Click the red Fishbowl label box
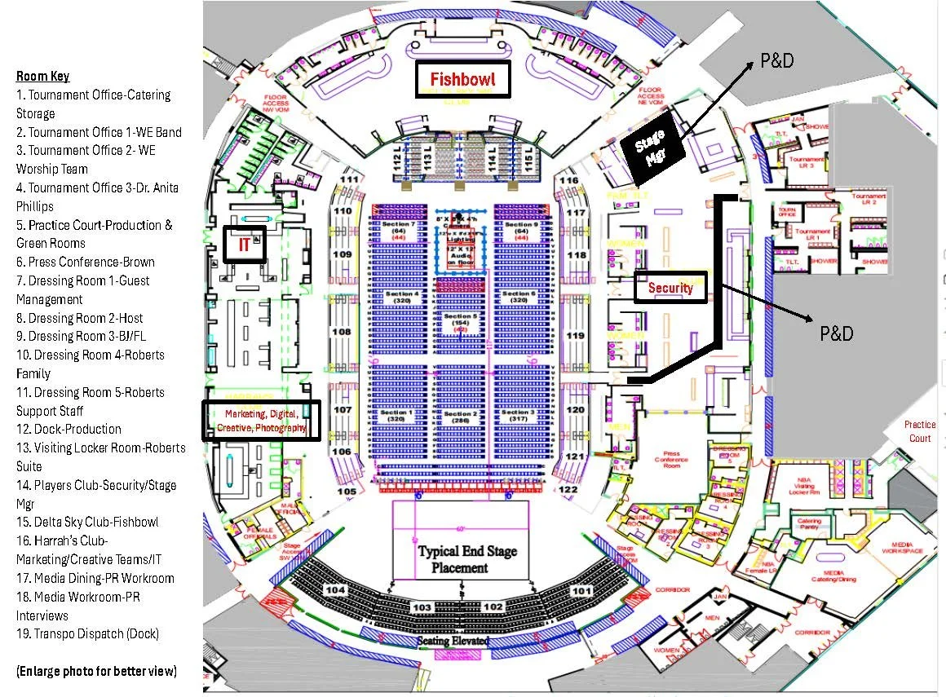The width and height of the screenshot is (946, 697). [x=462, y=80]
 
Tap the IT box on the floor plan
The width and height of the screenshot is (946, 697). [x=244, y=243]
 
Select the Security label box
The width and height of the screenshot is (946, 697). [x=670, y=287]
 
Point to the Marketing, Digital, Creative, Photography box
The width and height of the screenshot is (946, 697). [x=260, y=421]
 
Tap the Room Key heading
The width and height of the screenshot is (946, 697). [x=42, y=77]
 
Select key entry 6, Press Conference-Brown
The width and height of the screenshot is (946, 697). [x=85, y=262]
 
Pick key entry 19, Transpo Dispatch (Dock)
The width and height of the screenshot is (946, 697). [x=87, y=633]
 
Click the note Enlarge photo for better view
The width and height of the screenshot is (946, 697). [x=96, y=671]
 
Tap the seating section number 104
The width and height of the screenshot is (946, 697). [x=336, y=589]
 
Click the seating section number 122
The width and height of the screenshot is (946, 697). [x=568, y=489]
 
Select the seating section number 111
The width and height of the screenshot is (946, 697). [x=350, y=179]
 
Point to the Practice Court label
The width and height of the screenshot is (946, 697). [x=919, y=431]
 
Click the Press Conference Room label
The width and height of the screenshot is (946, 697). [x=671, y=459]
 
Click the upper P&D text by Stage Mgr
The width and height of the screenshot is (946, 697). [x=776, y=61]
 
